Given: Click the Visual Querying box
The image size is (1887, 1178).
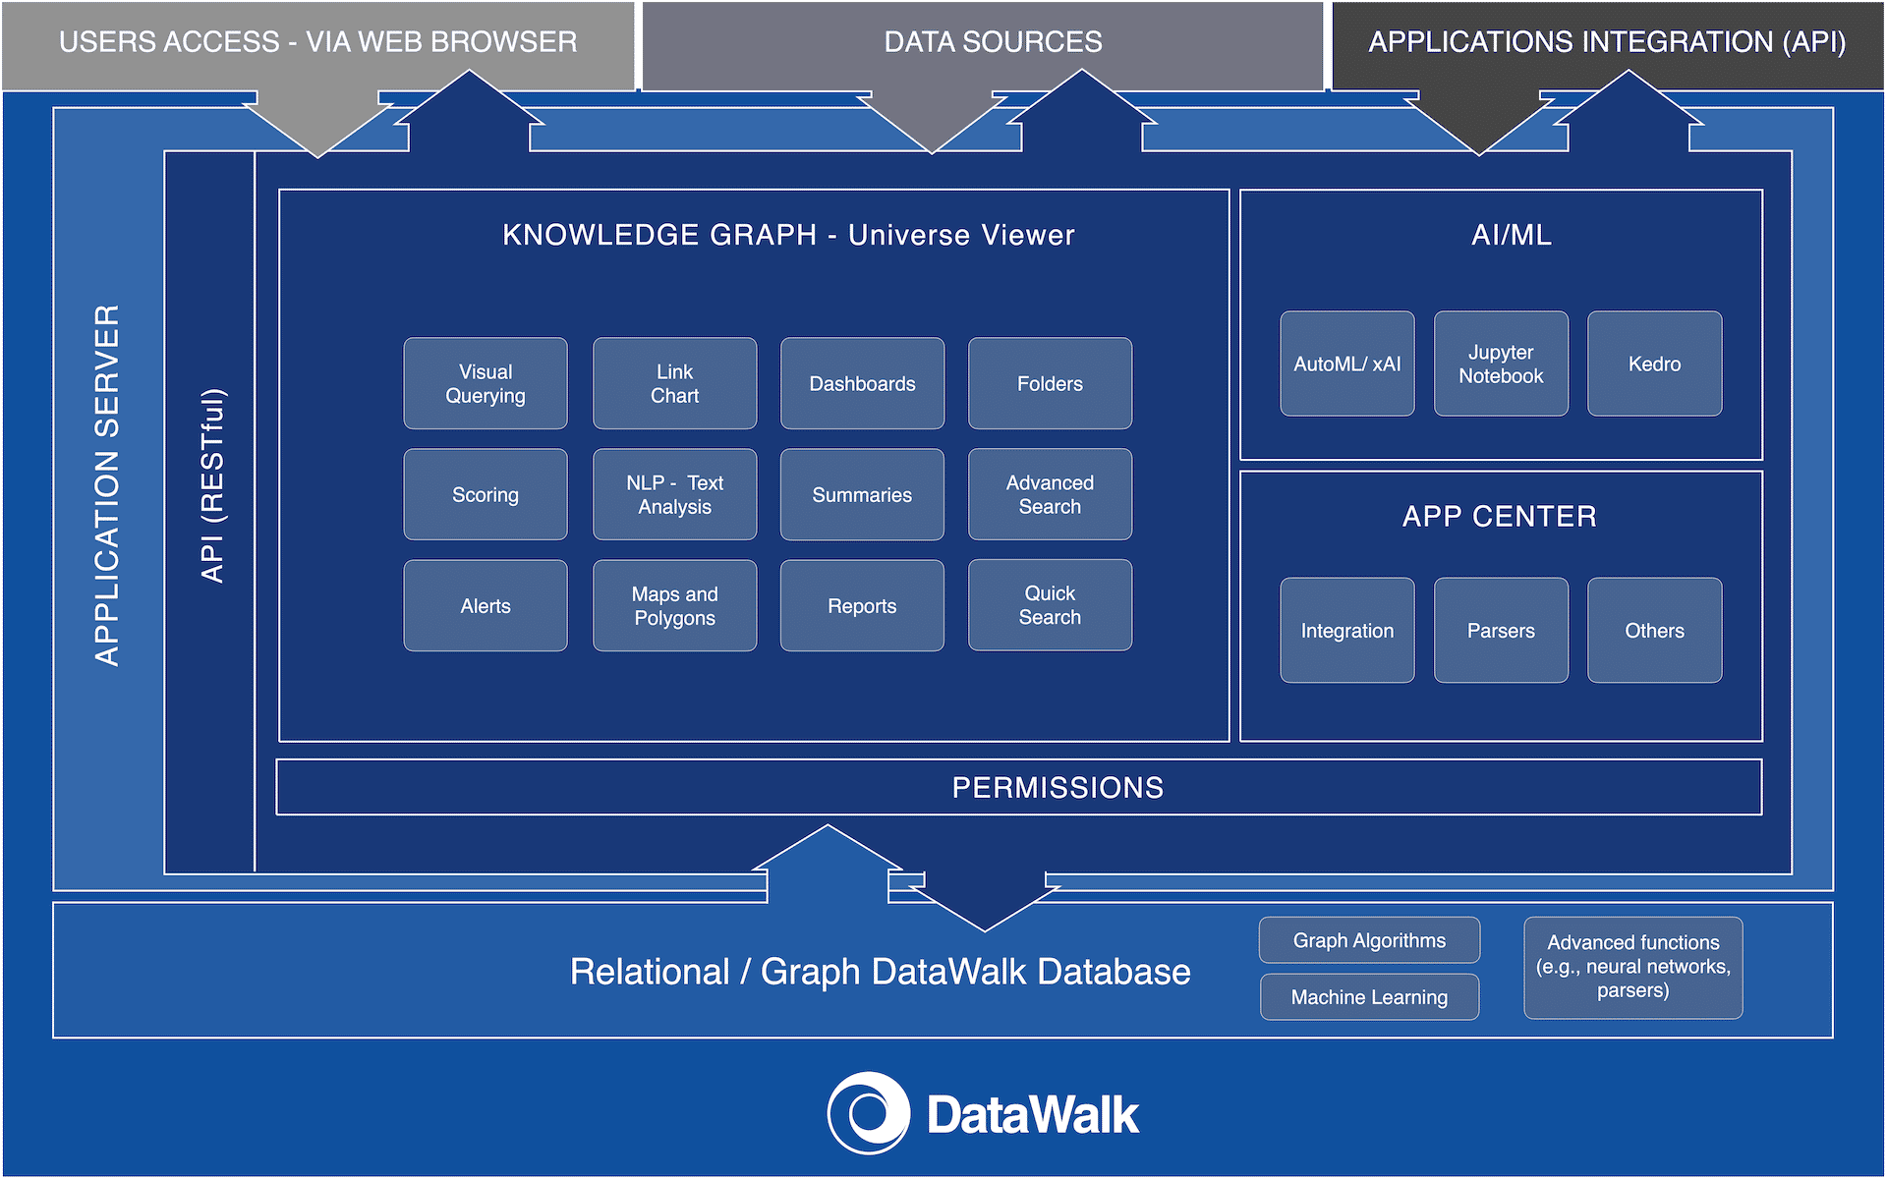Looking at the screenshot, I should pyautogui.click(x=486, y=383).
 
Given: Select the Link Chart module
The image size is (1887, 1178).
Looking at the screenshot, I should pyautogui.click(x=674, y=383).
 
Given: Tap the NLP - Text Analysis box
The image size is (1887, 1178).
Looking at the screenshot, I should pyautogui.click(x=674, y=494).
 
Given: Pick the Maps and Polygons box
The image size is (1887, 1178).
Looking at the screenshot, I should pyautogui.click(x=674, y=605).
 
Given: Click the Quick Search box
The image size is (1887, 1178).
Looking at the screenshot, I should pyautogui.click(x=1050, y=605).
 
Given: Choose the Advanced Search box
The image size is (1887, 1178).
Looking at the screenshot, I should pyautogui.click(x=1050, y=494).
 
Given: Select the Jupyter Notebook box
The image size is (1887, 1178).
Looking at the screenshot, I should pyautogui.click(x=1501, y=364).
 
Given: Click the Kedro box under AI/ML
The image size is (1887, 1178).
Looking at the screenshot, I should pyautogui.click(x=1654, y=364).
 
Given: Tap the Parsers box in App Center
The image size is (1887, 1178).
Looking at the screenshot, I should pyautogui.click(x=1501, y=630).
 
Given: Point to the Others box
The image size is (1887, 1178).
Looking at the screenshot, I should pyautogui.click(x=1654, y=630).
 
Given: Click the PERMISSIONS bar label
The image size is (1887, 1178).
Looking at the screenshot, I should pyautogui.click(x=1058, y=787).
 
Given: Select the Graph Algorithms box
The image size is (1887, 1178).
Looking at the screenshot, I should pyautogui.click(x=1369, y=940).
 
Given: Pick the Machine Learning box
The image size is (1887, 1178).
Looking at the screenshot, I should pyautogui.click(x=1369, y=997).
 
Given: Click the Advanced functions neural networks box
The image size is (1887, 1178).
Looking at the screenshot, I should pyautogui.click(x=1632, y=967).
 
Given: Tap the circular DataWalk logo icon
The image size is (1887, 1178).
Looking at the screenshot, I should pyautogui.click(x=868, y=1113).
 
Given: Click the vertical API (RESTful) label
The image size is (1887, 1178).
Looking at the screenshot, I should pyautogui.click(x=212, y=485).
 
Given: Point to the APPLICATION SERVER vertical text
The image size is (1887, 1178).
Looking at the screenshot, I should pyautogui.click(x=107, y=485).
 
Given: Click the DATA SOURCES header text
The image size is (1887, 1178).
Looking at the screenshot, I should pyautogui.click(x=993, y=42).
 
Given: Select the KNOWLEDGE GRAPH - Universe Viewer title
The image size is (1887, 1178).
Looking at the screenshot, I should pyautogui.click(x=788, y=235).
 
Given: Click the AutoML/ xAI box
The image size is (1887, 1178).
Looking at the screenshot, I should pyautogui.click(x=1346, y=364).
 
